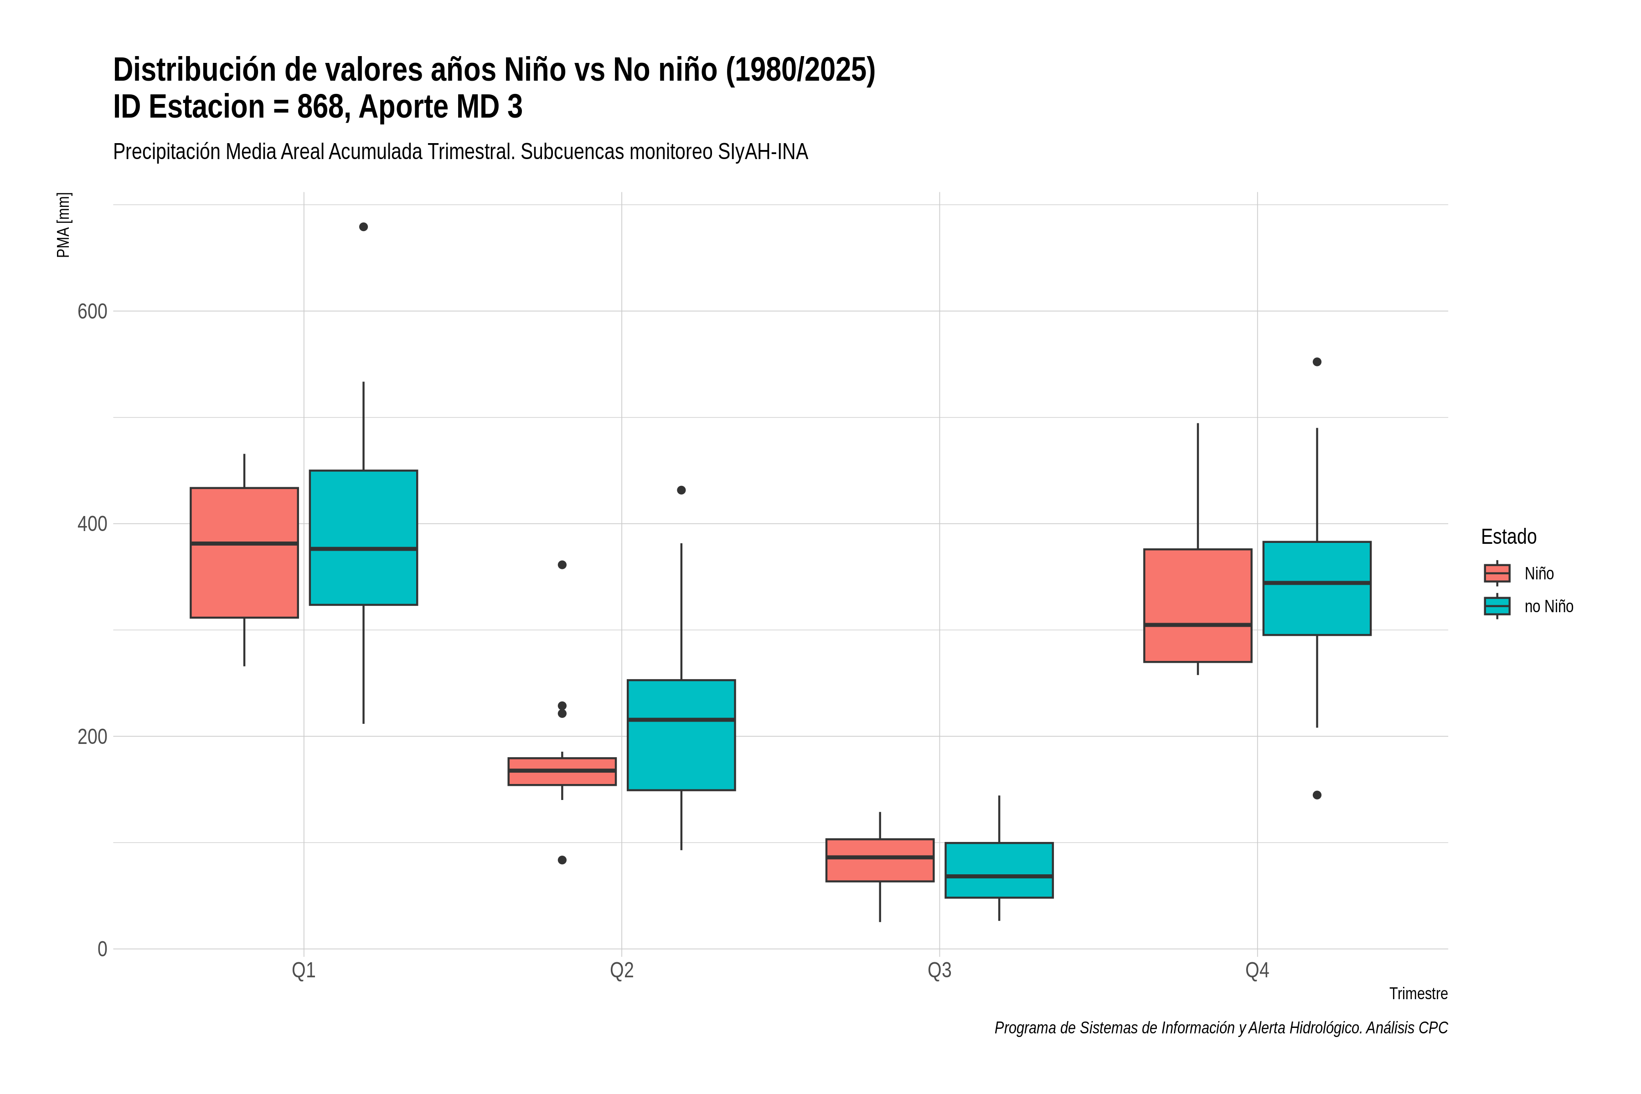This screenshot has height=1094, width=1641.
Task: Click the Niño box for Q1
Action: coord(244,552)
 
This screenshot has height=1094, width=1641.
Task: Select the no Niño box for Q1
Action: coord(363,537)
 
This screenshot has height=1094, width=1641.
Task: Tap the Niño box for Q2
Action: coord(562,772)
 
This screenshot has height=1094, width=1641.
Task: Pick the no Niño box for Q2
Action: coord(681,735)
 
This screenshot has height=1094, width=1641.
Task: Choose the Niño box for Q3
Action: coord(880,860)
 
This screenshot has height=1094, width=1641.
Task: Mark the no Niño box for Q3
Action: coord(999,870)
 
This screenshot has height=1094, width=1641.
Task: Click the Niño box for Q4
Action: coord(1198,606)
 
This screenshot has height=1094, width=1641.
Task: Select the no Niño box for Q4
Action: coord(1317,588)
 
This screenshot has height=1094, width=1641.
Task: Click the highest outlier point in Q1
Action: coord(363,227)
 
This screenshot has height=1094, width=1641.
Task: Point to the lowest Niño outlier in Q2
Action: coord(562,860)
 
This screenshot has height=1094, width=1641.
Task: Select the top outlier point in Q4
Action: coord(1317,362)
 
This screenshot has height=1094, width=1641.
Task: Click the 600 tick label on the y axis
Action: coord(92,311)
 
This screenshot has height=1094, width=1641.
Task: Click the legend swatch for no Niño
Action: coord(1497,606)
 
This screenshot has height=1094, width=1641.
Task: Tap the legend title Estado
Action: coord(1508,537)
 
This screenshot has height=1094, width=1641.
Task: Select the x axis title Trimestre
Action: coord(1419,994)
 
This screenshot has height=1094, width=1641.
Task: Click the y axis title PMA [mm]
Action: coord(63,225)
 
